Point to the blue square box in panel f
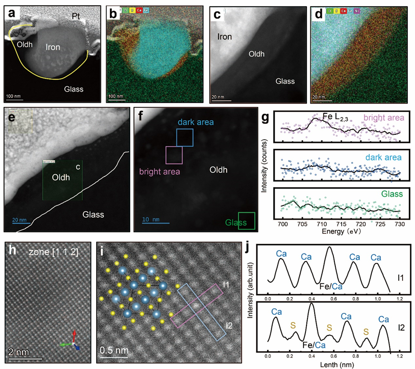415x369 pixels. pos(185,137)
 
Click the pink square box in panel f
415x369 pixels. pos(174,155)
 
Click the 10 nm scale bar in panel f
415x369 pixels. pos(155,223)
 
